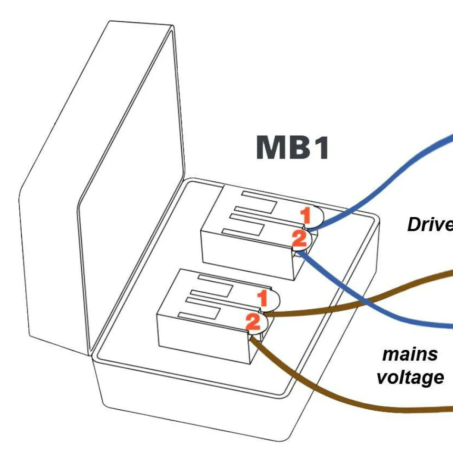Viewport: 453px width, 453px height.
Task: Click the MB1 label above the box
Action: pyautogui.click(x=292, y=148)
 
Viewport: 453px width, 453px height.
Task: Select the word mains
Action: pyautogui.click(x=410, y=354)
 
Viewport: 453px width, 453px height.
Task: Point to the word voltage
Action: pyautogui.click(x=410, y=377)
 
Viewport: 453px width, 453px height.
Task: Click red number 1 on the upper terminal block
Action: pyautogui.click(x=306, y=215)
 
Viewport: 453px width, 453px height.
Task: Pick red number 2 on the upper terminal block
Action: pyautogui.click(x=299, y=238)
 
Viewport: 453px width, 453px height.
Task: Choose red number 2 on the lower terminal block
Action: pyautogui.click(x=253, y=322)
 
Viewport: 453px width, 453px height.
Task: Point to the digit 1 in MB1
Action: pyautogui.click(x=321, y=148)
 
